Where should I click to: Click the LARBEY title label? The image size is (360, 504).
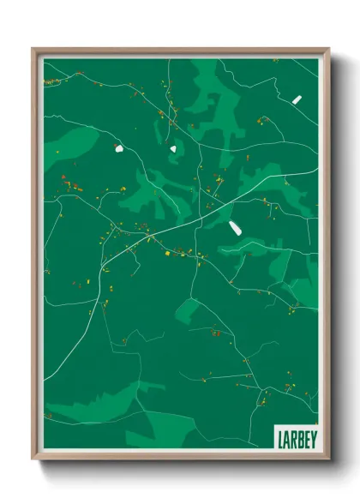click(x=296, y=439)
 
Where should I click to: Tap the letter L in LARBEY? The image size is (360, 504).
click(x=279, y=439)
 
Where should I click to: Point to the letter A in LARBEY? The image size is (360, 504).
click(x=286, y=439)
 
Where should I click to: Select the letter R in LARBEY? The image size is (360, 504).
click(x=293, y=439)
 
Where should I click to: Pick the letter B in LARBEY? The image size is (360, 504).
click(x=300, y=439)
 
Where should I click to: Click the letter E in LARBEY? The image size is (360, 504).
click(x=307, y=439)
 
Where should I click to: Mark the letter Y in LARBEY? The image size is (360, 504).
click(x=314, y=439)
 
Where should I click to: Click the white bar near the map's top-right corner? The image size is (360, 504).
click(x=297, y=99)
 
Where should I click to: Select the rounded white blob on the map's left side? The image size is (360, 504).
click(x=118, y=149)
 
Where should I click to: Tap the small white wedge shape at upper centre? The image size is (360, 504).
click(x=172, y=148)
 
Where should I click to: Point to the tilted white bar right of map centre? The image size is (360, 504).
click(x=234, y=227)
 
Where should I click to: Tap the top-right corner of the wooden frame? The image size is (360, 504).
click(x=328, y=49)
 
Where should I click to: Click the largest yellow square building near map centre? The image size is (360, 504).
click(x=167, y=253)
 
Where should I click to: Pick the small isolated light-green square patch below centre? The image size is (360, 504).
click(x=190, y=306)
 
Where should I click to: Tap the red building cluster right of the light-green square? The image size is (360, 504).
click(x=217, y=333)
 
